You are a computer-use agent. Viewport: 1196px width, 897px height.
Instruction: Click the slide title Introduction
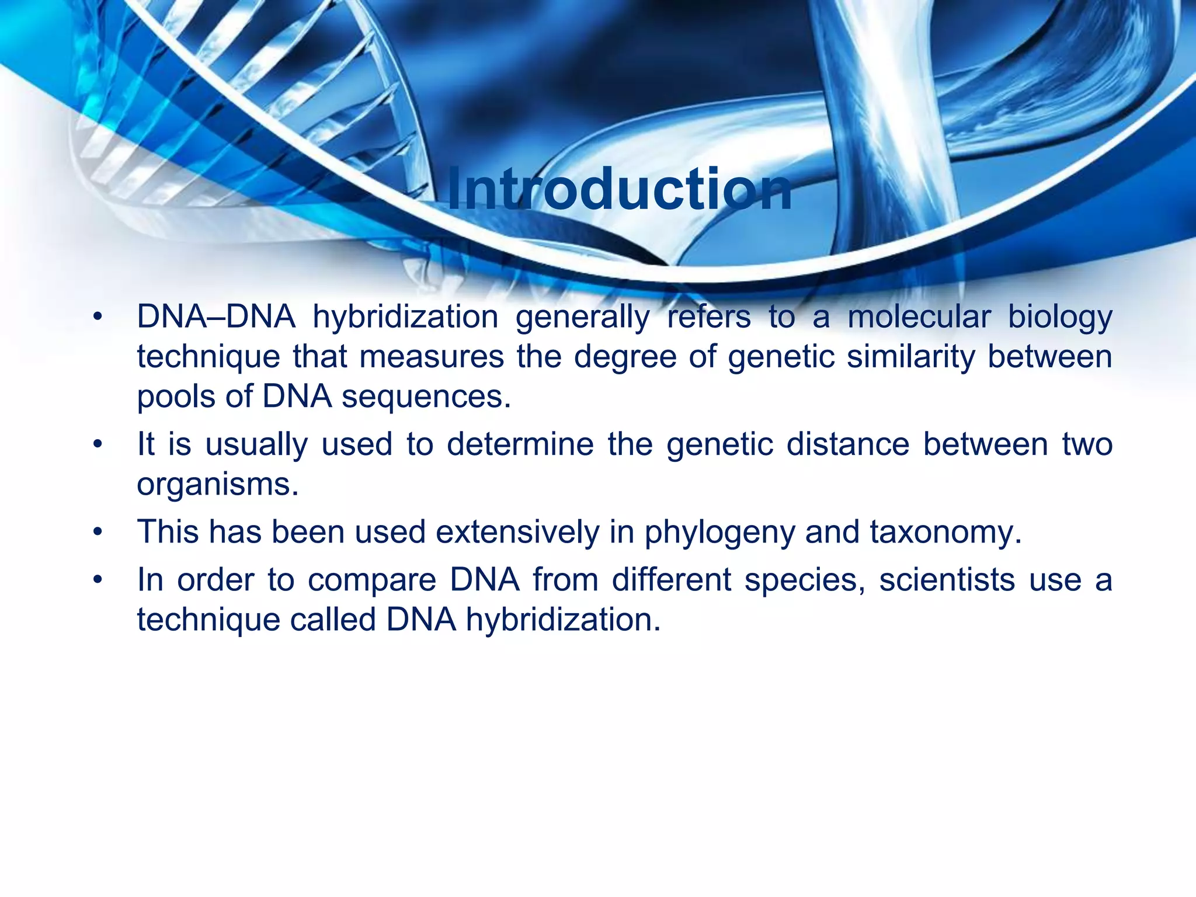click(x=620, y=190)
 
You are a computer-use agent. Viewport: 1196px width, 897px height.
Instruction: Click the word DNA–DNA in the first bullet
click(x=215, y=317)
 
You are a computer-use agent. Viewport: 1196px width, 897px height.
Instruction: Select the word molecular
click(x=919, y=317)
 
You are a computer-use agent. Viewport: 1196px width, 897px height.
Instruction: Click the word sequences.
click(x=426, y=398)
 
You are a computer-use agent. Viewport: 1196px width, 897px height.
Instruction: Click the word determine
click(x=520, y=444)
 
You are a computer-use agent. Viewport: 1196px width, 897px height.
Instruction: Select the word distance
click(x=847, y=444)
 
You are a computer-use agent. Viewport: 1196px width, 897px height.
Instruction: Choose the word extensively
click(x=517, y=532)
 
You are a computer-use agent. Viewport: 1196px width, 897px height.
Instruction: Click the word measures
click(x=432, y=357)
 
